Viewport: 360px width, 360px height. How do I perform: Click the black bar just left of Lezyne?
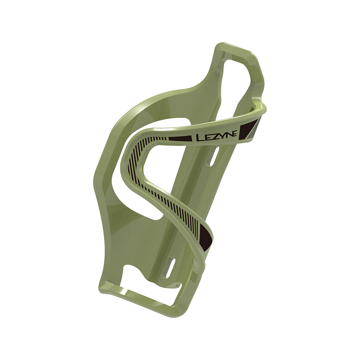(180, 139)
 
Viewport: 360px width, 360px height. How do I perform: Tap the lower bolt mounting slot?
(171, 268)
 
